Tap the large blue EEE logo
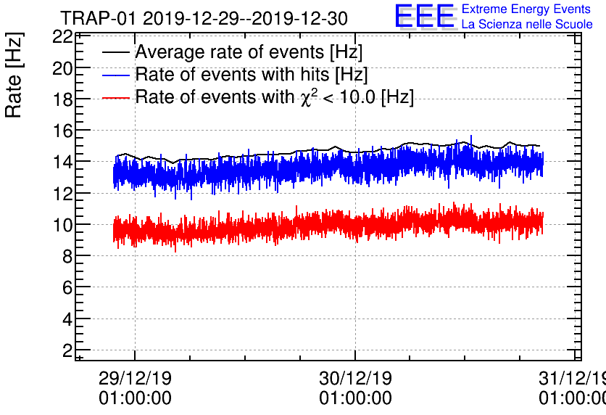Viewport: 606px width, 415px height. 425,17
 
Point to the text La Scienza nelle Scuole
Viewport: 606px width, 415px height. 527,25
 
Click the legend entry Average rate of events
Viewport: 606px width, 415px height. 249,52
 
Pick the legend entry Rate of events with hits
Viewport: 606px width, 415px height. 252,75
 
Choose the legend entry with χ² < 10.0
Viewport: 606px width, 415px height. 275,97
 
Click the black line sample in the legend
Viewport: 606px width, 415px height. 116,53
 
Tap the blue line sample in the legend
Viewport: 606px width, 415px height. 116,75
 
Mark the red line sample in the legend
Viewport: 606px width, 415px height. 116,97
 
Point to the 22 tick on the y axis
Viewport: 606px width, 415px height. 62,37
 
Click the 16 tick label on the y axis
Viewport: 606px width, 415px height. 62,131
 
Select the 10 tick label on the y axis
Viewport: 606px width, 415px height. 62,225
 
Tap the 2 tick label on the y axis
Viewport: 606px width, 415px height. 67,350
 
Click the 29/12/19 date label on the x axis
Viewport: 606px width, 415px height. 135,379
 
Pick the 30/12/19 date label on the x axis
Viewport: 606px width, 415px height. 355,379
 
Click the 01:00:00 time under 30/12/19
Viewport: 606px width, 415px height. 355,398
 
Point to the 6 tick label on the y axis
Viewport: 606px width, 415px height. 67,287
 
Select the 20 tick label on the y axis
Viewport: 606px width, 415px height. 62,68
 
